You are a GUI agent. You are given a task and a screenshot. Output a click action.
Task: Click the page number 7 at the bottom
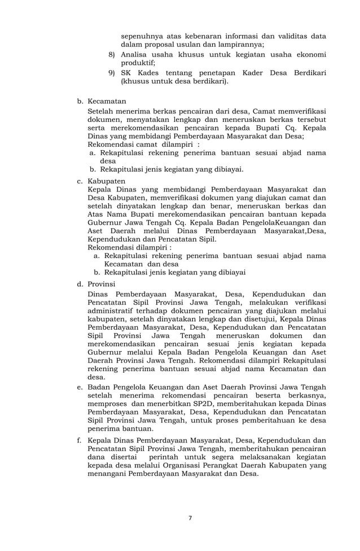(190, 518)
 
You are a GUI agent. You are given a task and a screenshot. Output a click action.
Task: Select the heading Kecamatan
(107, 102)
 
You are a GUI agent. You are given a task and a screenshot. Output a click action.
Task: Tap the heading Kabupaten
(107, 181)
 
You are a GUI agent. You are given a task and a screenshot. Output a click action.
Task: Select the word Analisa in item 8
(135, 55)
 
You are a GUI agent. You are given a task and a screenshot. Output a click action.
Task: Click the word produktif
(139, 63)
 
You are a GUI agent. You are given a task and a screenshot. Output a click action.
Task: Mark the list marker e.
(80, 387)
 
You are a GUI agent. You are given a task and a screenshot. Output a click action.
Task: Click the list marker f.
(80, 440)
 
